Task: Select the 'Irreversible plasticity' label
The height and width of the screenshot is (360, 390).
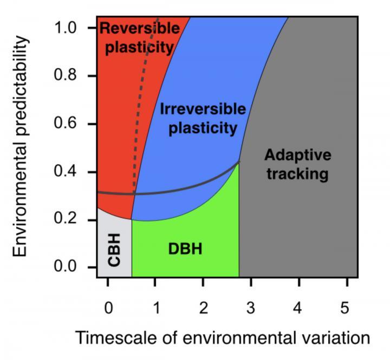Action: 203,118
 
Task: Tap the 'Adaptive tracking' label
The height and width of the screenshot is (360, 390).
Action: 297,164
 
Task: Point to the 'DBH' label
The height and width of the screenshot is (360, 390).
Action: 185,249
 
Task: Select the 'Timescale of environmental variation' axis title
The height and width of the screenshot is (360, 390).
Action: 223,338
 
